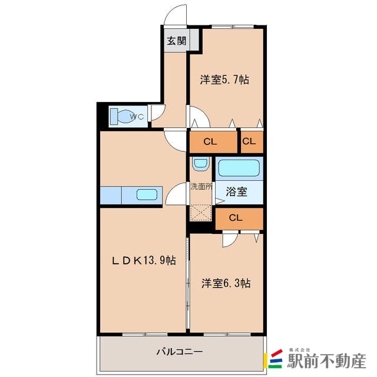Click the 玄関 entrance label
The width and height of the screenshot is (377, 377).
coord(175,41)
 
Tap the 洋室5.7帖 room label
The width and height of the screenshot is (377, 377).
coord(224,79)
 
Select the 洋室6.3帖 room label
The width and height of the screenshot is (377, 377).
coord(226,283)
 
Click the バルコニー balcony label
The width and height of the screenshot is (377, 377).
coord(179,352)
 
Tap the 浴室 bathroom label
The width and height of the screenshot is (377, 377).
coord(237,191)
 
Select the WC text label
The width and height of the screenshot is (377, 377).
coord(137,116)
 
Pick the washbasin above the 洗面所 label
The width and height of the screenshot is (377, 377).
coord(200,163)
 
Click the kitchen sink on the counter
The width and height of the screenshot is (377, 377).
coord(145,195)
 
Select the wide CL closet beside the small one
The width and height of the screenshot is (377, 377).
coord(210,141)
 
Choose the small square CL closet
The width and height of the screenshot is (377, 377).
coord(249,141)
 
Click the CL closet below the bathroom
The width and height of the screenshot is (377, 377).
coord(236,218)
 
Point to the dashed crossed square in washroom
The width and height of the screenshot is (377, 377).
coord(200,211)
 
